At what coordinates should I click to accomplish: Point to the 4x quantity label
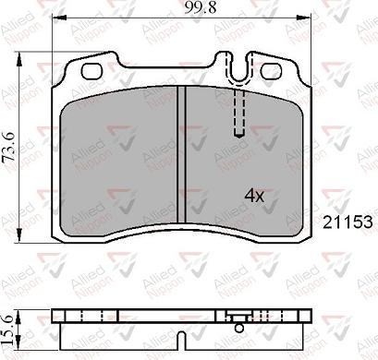point(254,196)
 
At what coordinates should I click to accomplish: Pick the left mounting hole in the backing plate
point(91,71)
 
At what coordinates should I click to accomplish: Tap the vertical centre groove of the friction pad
point(182,162)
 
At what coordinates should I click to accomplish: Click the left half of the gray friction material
point(120,162)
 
